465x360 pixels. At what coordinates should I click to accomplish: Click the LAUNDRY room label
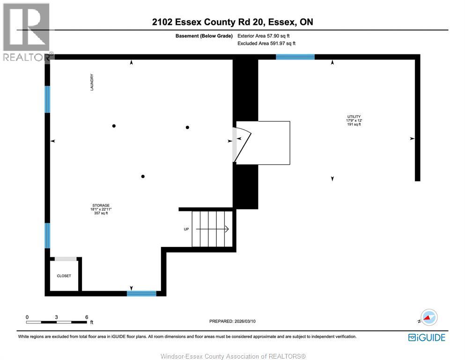coord(92,82)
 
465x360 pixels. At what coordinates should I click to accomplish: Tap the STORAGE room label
coord(101,205)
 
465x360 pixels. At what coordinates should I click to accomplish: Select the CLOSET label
coord(64,276)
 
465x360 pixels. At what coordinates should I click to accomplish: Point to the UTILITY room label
coord(354,117)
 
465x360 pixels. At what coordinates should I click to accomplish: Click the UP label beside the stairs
coord(186,229)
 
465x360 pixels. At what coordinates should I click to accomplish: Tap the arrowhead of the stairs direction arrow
coord(226,229)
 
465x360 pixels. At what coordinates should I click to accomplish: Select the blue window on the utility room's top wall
coord(295,57)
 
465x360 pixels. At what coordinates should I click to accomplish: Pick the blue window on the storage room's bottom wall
coord(141,294)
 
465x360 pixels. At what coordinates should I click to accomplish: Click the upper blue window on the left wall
coord(47,99)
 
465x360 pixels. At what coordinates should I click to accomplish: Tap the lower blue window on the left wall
coord(47,236)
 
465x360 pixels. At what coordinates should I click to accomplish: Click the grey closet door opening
coord(66,259)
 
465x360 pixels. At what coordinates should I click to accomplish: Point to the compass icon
coord(428,317)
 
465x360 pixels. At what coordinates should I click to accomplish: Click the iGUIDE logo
coord(427,337)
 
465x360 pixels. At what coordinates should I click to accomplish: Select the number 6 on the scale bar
coord(87,317)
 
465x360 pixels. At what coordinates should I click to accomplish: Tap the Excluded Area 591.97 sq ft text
coord(266,44)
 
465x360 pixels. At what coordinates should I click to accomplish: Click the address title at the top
coord(232,22)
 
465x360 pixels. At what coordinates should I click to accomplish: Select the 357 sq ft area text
coord(101,214)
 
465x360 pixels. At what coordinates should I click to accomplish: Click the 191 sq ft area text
coord(354,125)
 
